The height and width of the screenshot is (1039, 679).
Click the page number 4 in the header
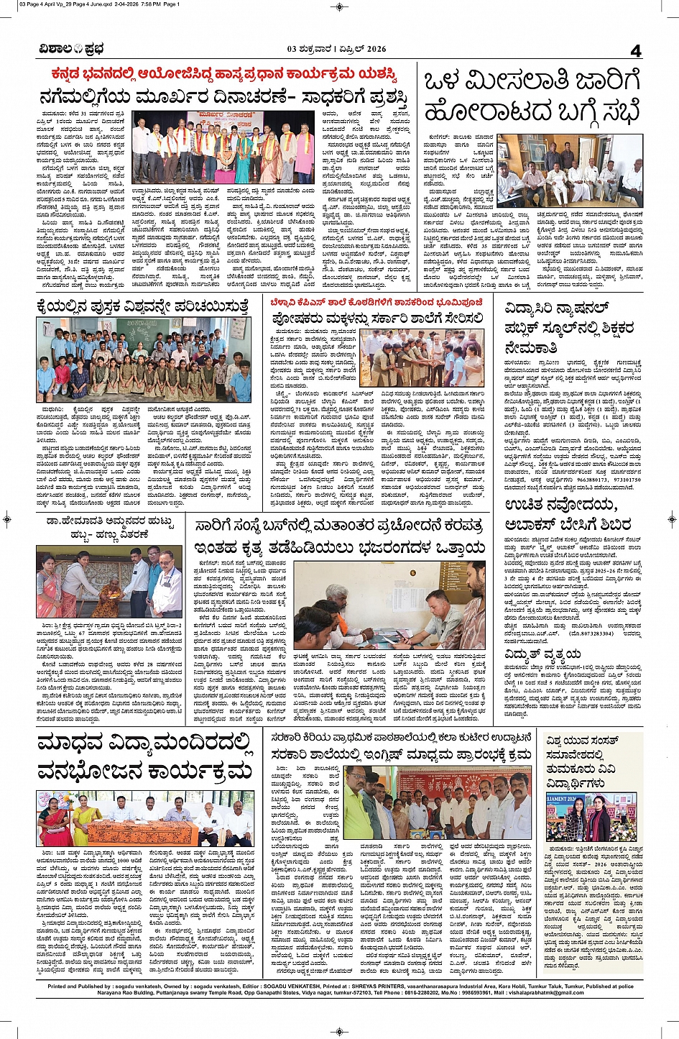pyautogui.click(x=635, y=50)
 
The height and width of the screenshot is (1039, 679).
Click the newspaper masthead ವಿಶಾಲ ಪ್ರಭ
pyautogui.click(x=72, y=49)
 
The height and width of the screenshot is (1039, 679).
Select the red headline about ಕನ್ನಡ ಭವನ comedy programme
pyautogui.click(x=223, y=75)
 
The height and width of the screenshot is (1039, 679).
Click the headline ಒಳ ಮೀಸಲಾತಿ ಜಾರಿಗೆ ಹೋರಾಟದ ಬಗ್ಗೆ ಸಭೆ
pyautogui.click(x=532, y=97)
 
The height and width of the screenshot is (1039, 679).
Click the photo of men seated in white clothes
pyautogui.click(x=570, y=170)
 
